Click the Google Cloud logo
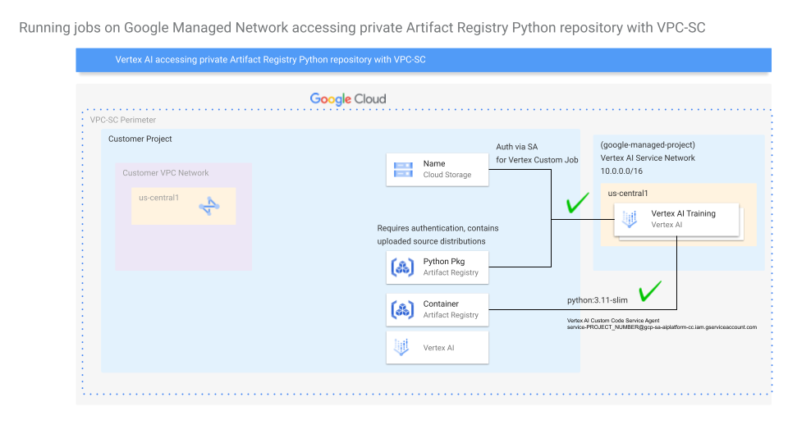[x=347, y=99]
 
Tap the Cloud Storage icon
[x=402, y=169]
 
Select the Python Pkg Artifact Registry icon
[x=402, y=267]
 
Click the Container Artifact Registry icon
[x=402, y=309]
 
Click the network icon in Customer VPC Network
[x=208, y=207]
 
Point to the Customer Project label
[x=140, y=139]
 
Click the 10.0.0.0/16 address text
[x=622, y=171]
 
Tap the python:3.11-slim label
[x=597, y=300]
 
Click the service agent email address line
[x=662, y=327]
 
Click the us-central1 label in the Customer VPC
[x=159, y=198]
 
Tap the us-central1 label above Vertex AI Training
[x=628, y=194]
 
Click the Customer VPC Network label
[x=166, y=173]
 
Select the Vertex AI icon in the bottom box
[x=402, y=347]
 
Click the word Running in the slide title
[x=43, y=29]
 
